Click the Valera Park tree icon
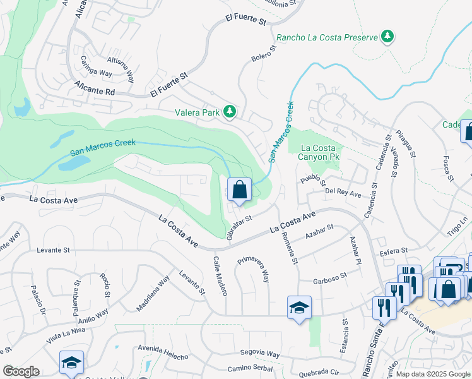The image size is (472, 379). pos(230,112)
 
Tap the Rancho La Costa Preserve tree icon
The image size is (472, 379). pos(388,37)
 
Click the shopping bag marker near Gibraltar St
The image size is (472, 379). pos(240,190)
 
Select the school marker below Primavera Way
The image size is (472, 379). pos(299,308)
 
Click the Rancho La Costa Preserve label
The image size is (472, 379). pos(326,37)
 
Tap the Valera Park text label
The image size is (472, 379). pos(197,113)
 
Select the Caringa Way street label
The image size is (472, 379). pos(96,66)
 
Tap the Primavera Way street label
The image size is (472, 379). pos(254,270)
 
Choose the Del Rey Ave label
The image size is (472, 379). pos(343,191)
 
